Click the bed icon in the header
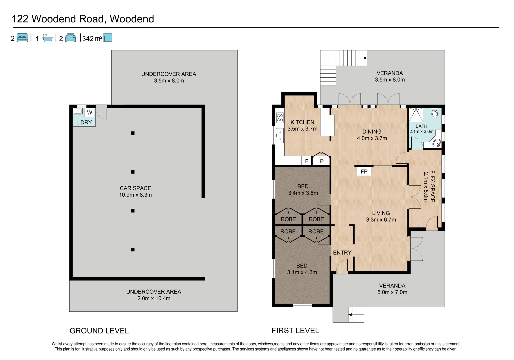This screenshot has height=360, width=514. [22, 38]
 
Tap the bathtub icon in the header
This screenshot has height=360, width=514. [48, 38]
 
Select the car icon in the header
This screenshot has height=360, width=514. [71, 38]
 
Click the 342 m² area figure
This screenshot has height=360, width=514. [92, 38]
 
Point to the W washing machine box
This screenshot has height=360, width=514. [89, 113]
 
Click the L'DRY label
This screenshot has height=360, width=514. [84, 122]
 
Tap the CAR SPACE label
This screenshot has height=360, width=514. [135, 188]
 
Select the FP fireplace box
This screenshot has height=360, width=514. [364, 171]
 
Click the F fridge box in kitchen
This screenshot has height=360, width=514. [307, 161]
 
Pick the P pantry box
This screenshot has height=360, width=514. [322, 161]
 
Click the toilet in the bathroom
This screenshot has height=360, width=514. [435, 114]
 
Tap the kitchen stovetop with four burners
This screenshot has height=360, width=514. [280, 118]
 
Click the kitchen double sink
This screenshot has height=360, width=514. [280, 135]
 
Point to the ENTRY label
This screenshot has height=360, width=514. [342, 253]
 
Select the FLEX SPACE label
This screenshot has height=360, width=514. [432, 186]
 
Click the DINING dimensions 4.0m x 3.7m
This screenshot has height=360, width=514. [372, 138]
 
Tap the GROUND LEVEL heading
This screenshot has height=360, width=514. [99, 331]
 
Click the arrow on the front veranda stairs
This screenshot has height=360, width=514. [350, 314]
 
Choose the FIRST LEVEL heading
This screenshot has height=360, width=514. [295, 331]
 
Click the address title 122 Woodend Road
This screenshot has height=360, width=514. [83, 19]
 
